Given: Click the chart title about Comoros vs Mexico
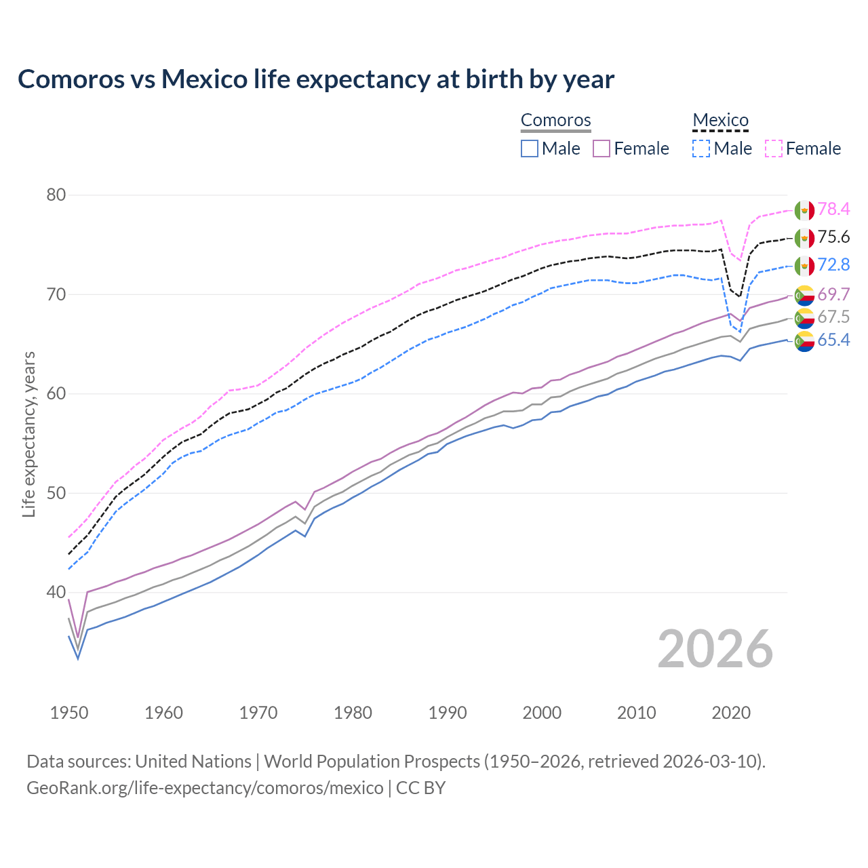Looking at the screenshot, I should click(316, 79).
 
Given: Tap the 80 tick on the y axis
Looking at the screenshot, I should click(56, 195).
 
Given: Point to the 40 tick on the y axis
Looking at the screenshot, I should click(56, 593).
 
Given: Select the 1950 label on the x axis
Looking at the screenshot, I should click(69, 713).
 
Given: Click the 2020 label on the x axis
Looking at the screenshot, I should click(731, 713).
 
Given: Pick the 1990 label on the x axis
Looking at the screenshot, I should click(448, 713).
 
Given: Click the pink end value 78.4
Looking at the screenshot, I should click(833, 210).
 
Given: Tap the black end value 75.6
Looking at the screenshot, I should click(833, 237).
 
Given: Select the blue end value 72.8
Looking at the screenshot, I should click(833, 265).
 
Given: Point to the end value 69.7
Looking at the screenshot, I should click(833, 294).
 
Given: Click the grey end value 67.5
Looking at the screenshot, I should click(833, 317).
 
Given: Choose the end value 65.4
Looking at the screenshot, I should click(833, 340).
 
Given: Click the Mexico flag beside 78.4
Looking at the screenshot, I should click(804, 210).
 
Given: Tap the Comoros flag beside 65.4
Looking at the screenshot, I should click(804, 341).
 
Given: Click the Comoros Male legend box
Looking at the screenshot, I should click(530, 149).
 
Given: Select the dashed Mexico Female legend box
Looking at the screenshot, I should click(774, 149).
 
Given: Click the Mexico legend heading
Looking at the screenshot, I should click(720, 121).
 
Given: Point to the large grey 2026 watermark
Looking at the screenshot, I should click(715, 649).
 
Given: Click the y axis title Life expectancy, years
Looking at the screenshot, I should click(29, 434).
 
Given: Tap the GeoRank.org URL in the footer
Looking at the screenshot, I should click(205, 788).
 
